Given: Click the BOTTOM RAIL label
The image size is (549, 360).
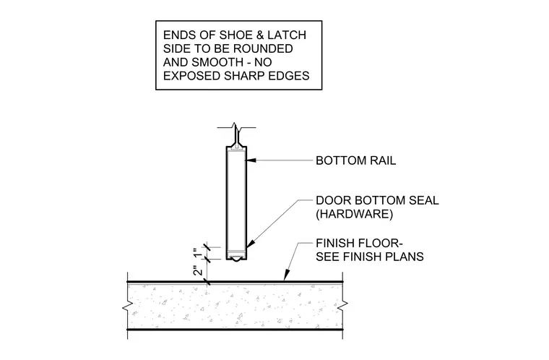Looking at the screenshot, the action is (x=355, y=160).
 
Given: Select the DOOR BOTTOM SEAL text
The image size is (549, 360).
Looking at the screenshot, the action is (x=377, y=200).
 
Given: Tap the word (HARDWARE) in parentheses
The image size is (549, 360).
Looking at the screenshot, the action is (x=355, y=214).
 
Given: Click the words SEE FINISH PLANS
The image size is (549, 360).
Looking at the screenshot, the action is (x=370, y=257).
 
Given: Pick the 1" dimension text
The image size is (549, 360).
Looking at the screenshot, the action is (x=197, y=252).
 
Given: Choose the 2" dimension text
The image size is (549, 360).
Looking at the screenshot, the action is (x=197, y=271).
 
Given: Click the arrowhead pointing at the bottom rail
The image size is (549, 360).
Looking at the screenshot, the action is (x=251, y=160).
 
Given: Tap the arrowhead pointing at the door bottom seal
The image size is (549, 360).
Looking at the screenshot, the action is (x=251, y=244).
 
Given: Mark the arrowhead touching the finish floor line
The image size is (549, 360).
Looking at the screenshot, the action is (x=287, y=275).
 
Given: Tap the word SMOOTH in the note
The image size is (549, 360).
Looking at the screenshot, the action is (x=217, y=62).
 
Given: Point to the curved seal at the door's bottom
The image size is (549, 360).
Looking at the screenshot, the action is (x=237, y=259).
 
